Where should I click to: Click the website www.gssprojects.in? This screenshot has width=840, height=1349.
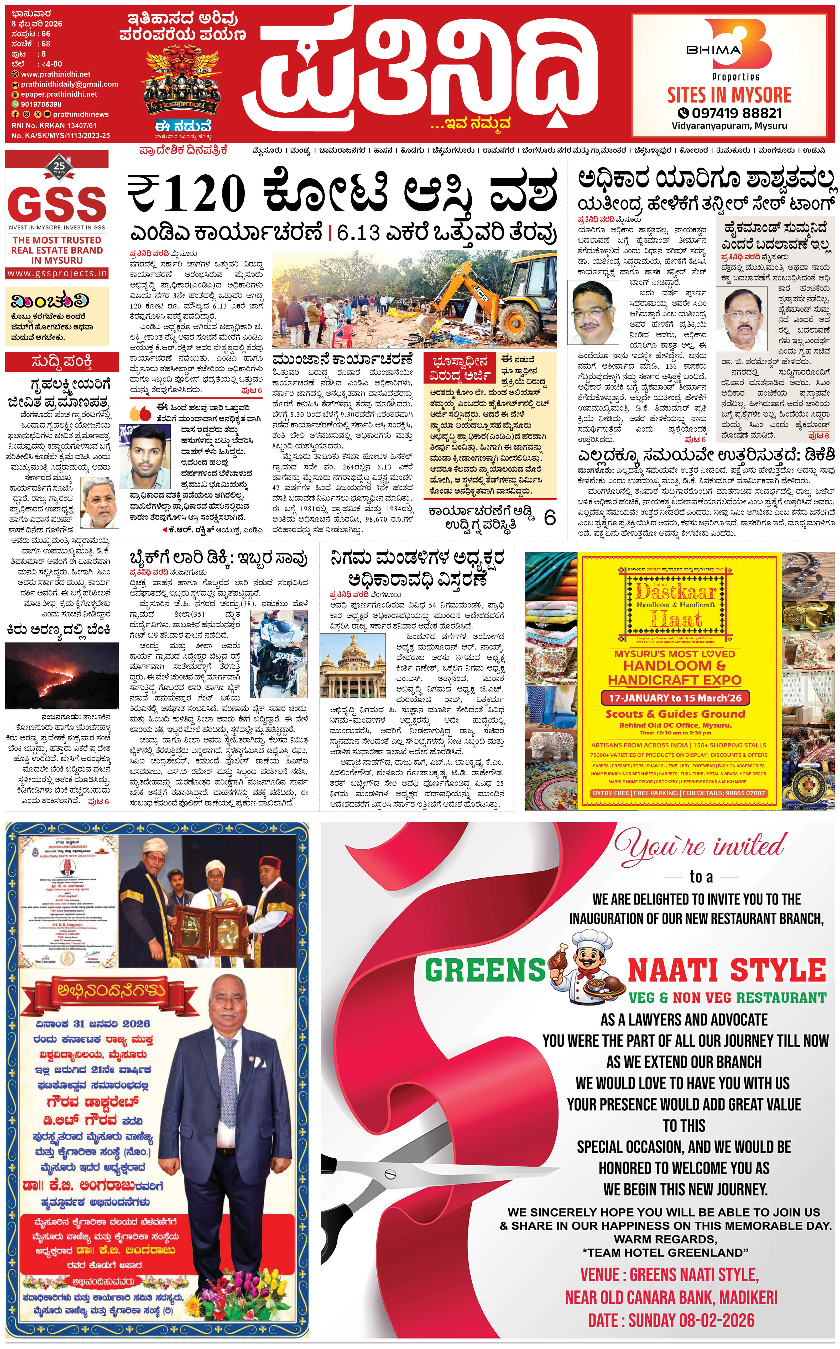pos(57,273)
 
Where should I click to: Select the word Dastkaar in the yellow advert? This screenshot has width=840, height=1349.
pos(676,590)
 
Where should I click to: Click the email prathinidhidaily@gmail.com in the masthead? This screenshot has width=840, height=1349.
pos(69,85)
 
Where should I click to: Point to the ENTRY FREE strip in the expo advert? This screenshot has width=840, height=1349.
pos(678,793)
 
